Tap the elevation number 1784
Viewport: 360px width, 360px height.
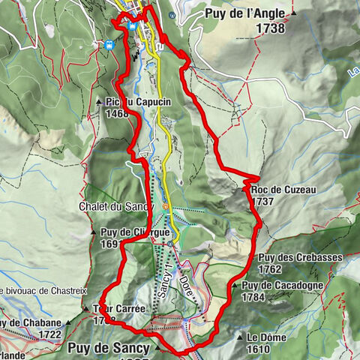click(x=255, y=297)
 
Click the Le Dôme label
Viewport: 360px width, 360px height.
click(x=268, y=337)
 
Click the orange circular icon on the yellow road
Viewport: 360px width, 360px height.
click(x=166, y=206)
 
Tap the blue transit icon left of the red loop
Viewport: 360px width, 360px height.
click(x=109, y=45)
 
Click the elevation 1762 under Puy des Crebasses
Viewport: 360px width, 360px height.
click(x=268, y=270)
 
